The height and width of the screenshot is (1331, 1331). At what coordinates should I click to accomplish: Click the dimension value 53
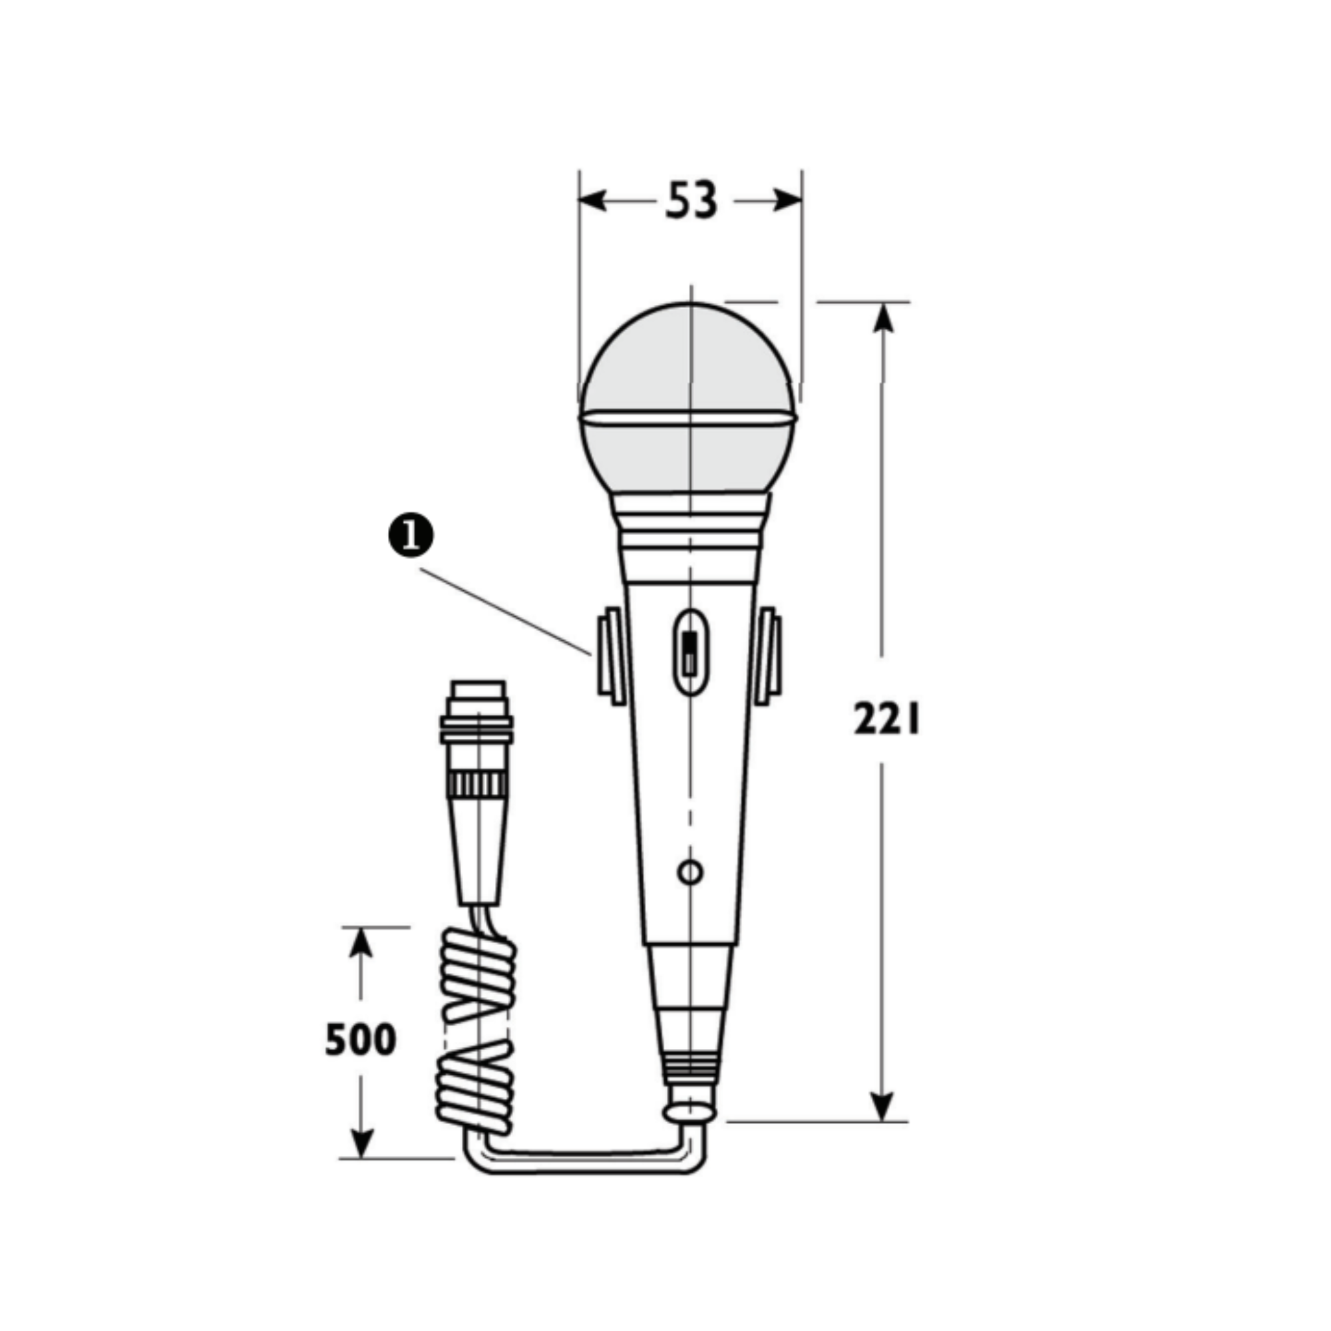[x=691, y=200]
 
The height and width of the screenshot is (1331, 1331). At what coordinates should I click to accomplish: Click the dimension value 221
[x=886, y=719]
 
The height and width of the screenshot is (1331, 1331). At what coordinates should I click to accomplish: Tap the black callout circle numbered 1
[x=411, y=536]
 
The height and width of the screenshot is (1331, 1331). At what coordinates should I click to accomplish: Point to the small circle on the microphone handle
[x=690, y=872]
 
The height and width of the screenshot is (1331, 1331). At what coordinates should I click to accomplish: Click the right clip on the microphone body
[x=769, y=656]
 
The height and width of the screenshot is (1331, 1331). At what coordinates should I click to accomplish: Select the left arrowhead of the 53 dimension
[x=592, y=200]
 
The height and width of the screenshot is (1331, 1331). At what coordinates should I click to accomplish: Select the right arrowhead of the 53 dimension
[x=788, y=200]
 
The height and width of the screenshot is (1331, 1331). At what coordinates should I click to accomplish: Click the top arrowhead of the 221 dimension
[x=882, y=317]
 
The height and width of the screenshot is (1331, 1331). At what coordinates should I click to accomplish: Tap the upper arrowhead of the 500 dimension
[x=360, y=943]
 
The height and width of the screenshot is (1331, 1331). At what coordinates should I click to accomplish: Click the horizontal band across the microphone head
[x=688, y=417]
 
